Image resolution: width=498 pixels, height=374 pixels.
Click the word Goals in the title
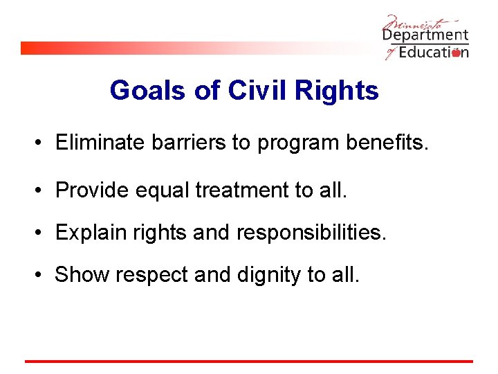click(147, 91)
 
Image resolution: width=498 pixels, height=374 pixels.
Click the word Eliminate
click(96, 143)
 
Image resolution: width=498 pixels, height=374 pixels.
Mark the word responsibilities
click(311, 233)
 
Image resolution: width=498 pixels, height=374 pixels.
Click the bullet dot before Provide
click(42, 189)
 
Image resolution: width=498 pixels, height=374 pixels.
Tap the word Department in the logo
click(425, 35)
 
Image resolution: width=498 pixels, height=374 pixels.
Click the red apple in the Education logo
click(456, 53)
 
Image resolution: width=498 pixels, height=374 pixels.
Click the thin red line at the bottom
click(249, 361)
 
